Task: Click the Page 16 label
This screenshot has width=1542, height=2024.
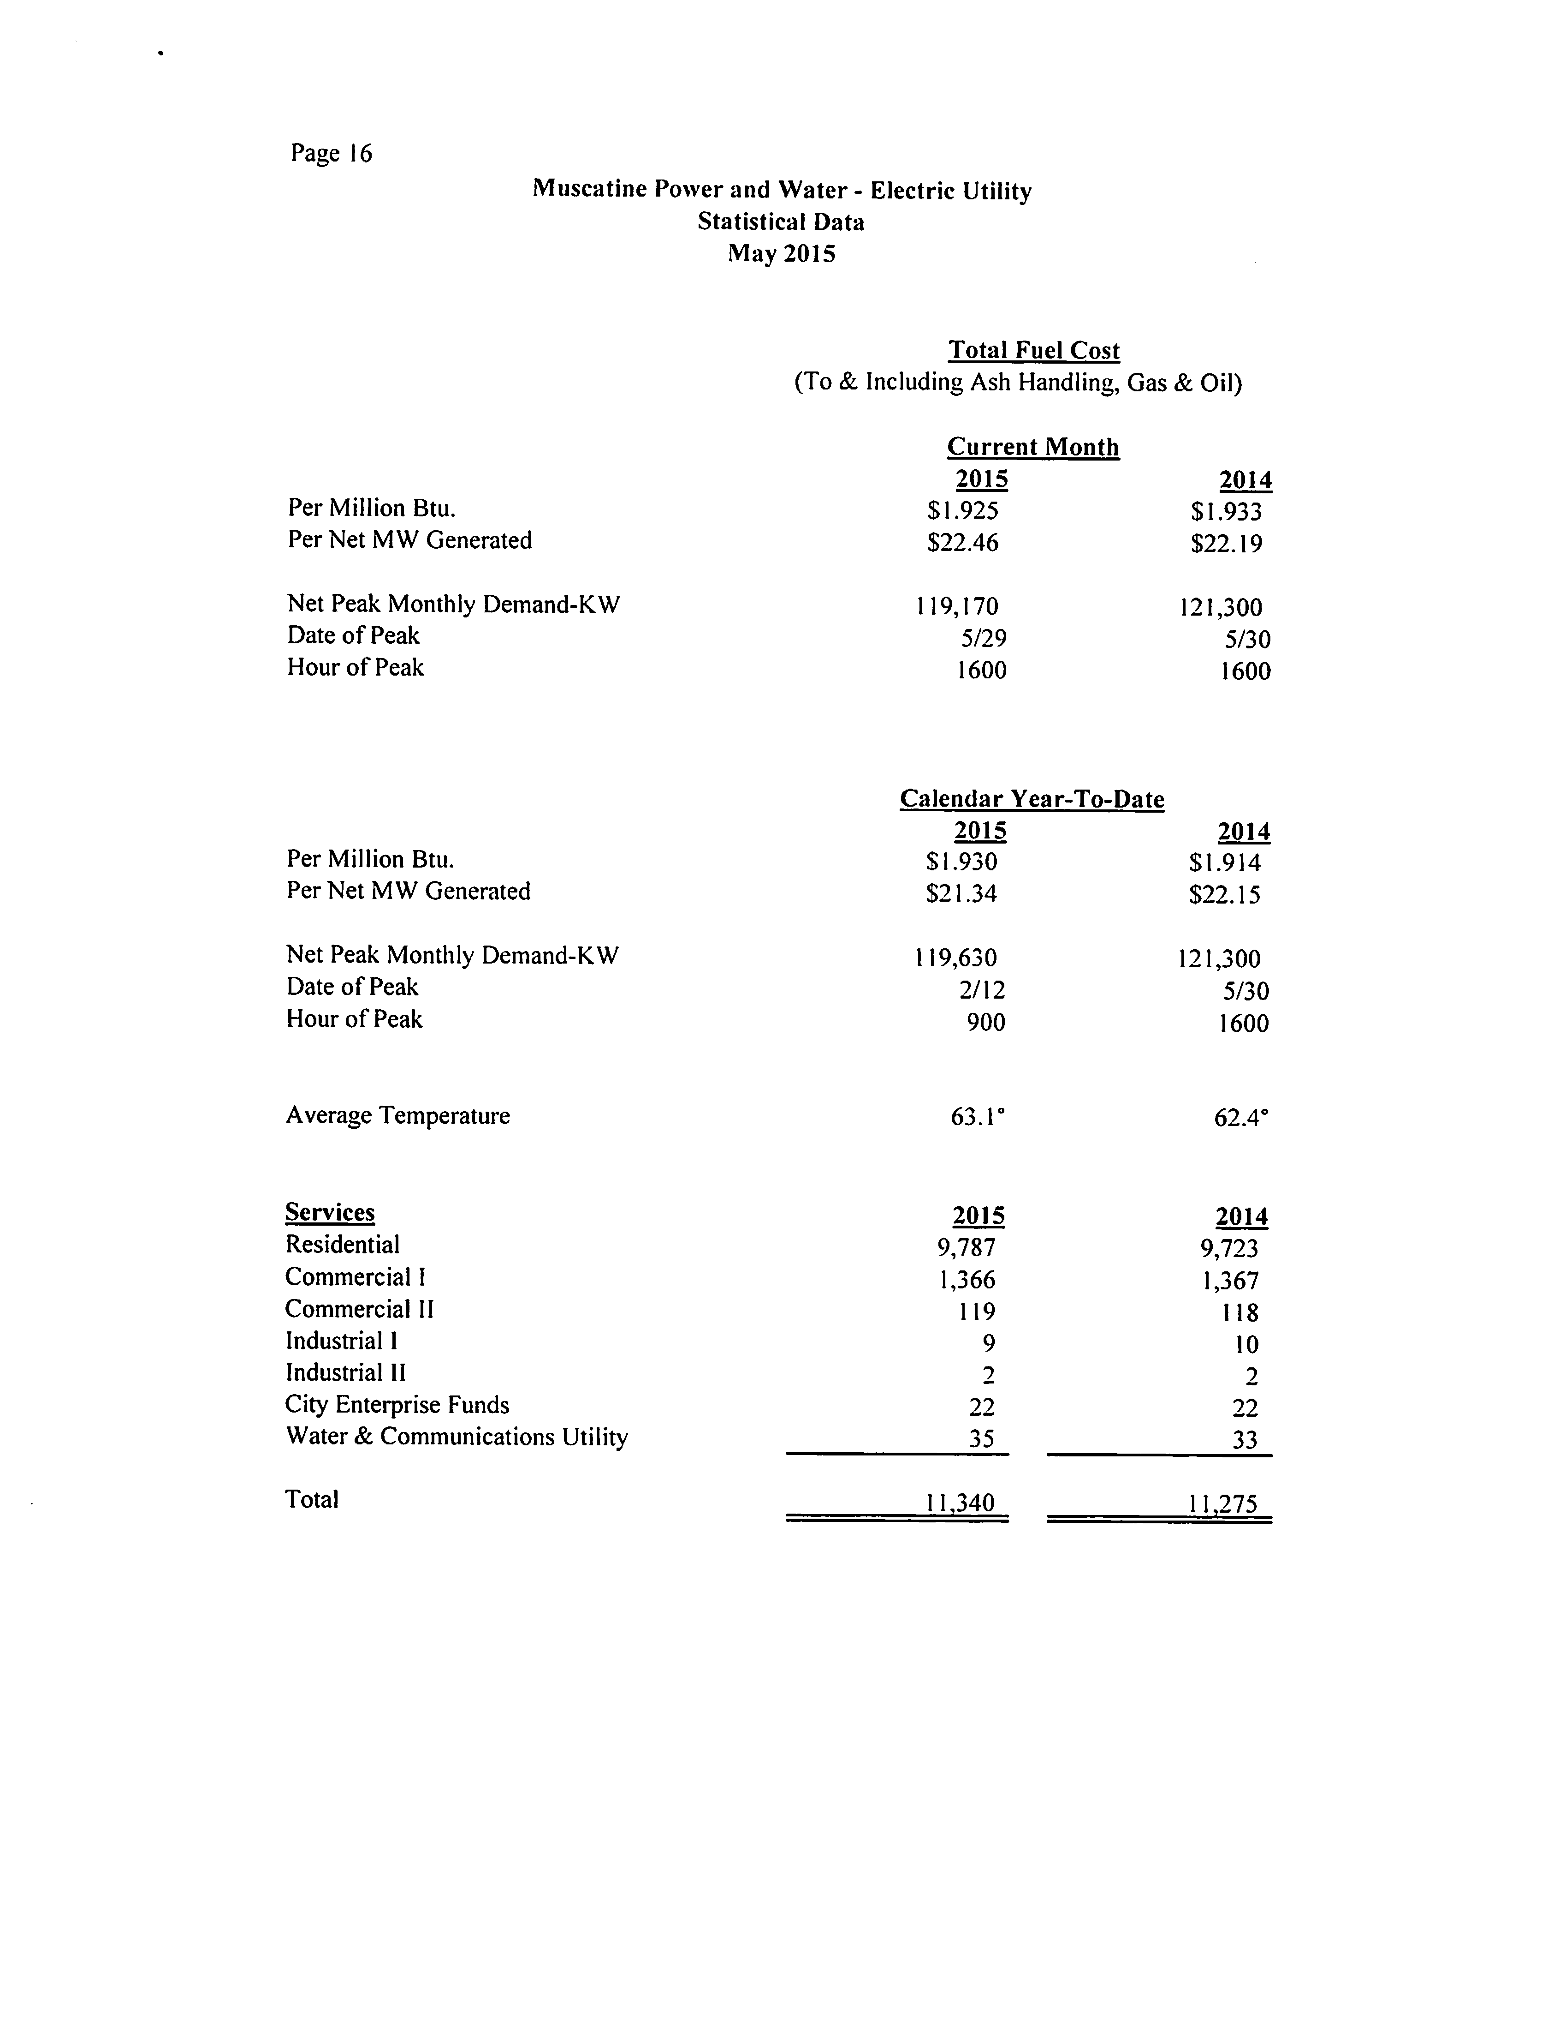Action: [332, 153]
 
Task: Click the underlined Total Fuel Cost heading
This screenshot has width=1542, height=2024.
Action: [1033, 351]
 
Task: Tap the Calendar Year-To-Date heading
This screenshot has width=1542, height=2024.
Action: [1032, 799]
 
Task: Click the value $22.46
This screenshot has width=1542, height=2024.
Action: [962, 543]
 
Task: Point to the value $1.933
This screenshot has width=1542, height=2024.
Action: [1226, 511]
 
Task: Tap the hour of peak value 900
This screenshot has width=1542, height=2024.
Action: [986, 1022]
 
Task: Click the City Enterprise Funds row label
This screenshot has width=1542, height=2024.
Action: [397, 1405]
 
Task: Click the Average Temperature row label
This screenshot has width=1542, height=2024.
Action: [397, 1116]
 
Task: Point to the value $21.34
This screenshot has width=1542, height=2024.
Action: [961, 892]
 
